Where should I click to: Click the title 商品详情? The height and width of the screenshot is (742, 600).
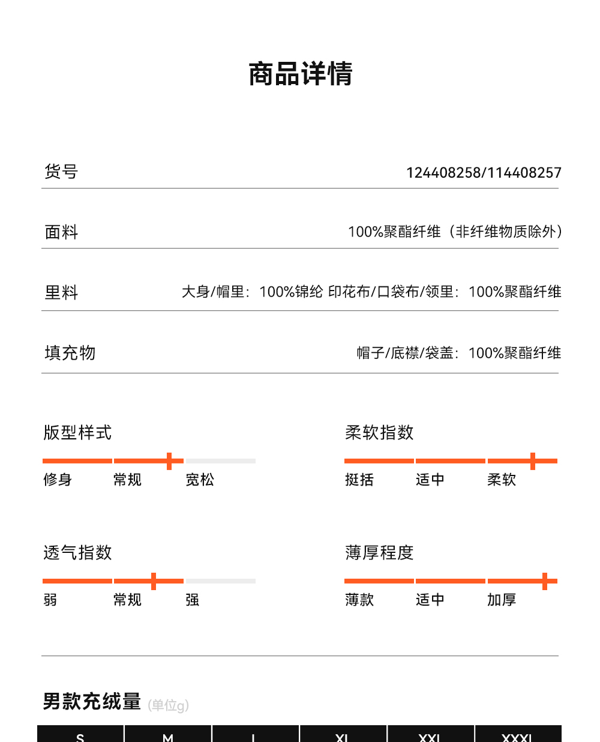pos(301,74)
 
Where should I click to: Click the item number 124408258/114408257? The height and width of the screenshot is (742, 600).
pos(484,173)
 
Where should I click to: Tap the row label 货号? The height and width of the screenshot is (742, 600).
pos(61,172)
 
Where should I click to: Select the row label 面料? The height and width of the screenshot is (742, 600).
pos(61,232)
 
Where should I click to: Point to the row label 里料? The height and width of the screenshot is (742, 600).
pos(61,293)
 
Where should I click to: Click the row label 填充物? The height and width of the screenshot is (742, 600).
pos(70,353)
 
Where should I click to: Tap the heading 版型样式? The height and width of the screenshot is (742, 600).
pos(77,433)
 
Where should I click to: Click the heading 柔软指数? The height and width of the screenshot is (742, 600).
pos(379,433)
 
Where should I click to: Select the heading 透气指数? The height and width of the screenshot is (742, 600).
pos(77,553)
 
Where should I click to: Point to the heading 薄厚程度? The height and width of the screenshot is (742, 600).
pos(379,553)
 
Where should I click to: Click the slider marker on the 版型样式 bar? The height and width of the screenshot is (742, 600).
pos(169,461)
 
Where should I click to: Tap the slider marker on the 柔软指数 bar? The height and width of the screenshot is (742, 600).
pos(532,461)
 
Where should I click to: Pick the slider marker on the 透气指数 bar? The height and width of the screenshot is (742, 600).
pos(154,581)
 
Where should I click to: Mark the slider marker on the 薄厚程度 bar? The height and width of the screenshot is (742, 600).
pos(544,581)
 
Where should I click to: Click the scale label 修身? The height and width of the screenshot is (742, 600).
pos(58,480)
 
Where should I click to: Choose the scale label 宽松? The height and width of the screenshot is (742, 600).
pos(200,480)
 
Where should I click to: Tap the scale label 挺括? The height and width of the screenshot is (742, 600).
pos(359,480)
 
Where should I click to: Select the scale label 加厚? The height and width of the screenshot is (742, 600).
pos(502,600)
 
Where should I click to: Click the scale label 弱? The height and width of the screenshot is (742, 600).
pos(50,600)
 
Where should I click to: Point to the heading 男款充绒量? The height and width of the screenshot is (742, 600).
pos(92,701)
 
